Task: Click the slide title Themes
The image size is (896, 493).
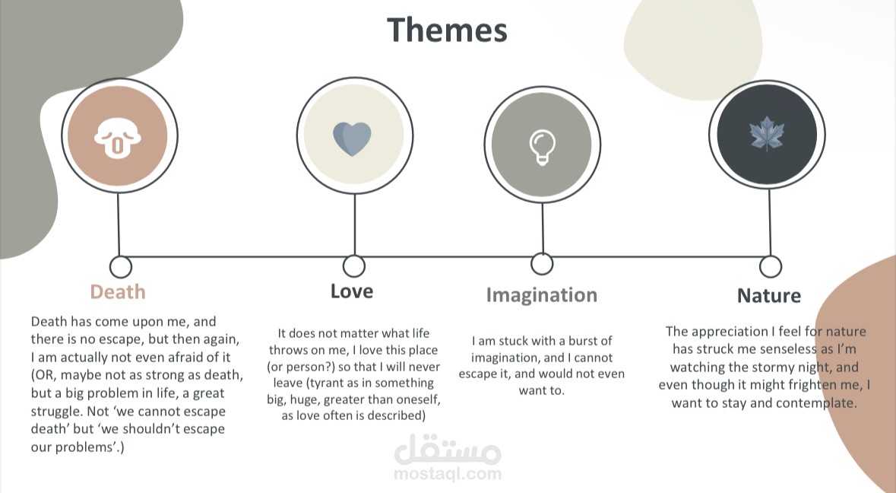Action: (x=447, y=30)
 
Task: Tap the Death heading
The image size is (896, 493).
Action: (x=118, y=291)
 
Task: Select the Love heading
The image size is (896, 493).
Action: (x=351, y=291)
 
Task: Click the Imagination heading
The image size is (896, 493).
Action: (x=542, y=295)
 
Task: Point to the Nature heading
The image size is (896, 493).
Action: (x=768, y=296)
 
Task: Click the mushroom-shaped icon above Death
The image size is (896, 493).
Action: (x=117, y=138)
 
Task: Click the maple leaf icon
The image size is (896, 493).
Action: (x=767, y=134)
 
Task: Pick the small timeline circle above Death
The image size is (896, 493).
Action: (x=120, y=266)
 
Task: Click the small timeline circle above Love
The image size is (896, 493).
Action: (x=353, y=266)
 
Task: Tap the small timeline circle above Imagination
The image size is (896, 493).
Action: (x=542, y=264)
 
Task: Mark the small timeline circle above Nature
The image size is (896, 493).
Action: (x=771, y=266)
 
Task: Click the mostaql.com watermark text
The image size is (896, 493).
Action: (x=448, y=473)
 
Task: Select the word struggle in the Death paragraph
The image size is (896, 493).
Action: (x=57, y=412)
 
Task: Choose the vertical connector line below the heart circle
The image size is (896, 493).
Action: (x=354, y=224)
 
